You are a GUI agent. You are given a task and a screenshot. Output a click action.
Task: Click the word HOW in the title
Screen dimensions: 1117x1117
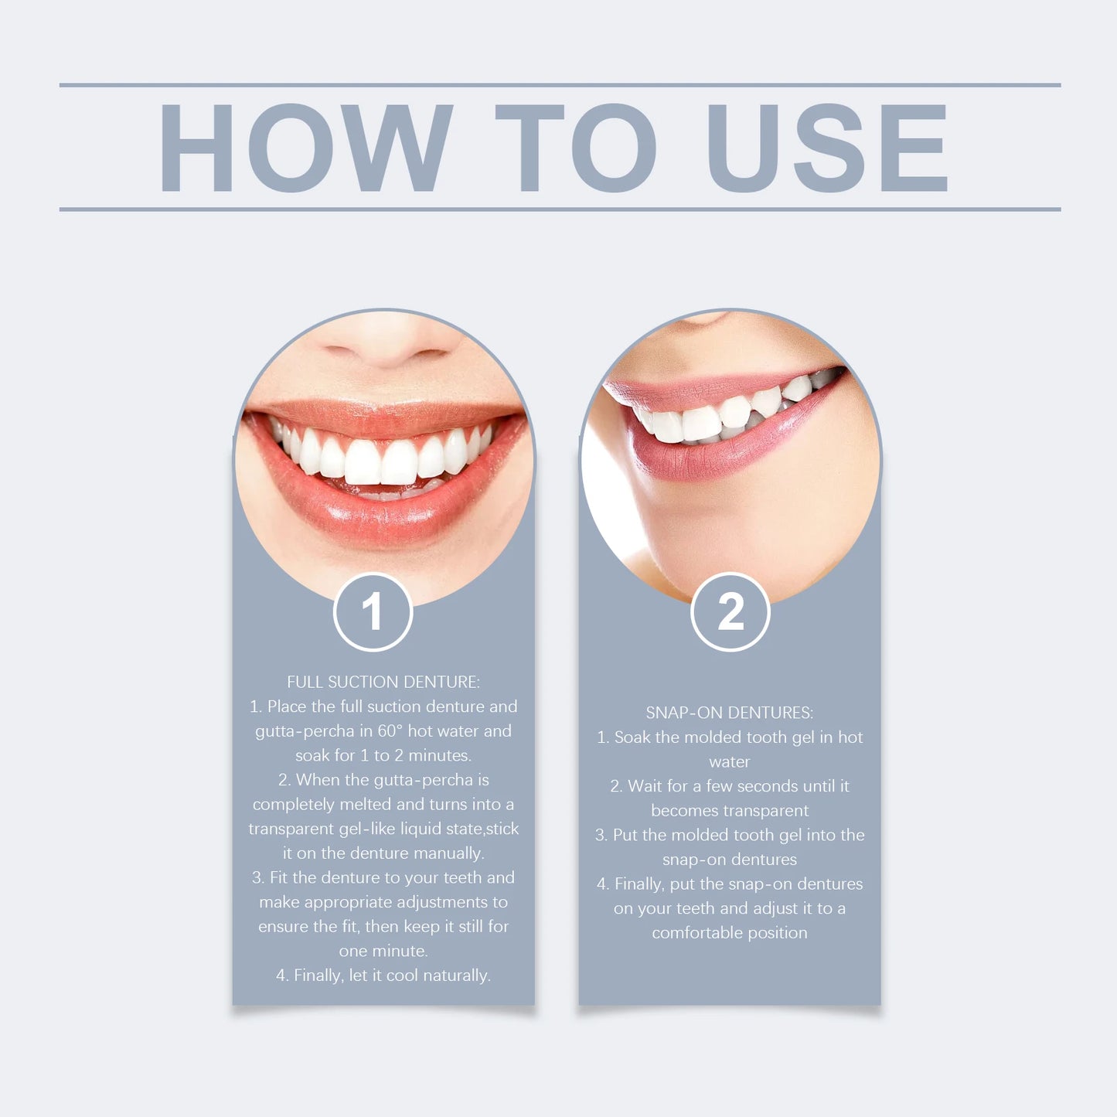305,148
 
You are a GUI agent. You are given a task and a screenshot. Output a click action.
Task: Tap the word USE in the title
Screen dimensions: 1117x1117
827,148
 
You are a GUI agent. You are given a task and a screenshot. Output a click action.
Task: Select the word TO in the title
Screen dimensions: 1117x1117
575,148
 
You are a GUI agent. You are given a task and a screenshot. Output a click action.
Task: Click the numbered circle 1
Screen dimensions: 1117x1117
373,612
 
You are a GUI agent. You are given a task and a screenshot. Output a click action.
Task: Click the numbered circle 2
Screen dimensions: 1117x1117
730,612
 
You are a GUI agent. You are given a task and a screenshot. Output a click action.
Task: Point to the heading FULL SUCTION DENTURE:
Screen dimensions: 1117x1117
383,682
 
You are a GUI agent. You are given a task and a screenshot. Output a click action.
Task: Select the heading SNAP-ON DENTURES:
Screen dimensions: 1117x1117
730,713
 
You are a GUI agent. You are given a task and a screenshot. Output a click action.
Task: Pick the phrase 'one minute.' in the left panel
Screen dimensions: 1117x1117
383,951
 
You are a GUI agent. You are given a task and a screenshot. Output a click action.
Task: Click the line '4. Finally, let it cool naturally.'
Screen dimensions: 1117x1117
383,976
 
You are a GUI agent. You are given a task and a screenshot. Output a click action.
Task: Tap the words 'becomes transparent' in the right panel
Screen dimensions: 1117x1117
730,811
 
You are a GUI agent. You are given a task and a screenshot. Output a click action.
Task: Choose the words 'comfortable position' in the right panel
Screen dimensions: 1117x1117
730,933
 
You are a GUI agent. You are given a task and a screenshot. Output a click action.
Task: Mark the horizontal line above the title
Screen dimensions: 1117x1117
560,85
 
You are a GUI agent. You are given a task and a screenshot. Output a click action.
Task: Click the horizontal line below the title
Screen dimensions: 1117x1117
560,209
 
